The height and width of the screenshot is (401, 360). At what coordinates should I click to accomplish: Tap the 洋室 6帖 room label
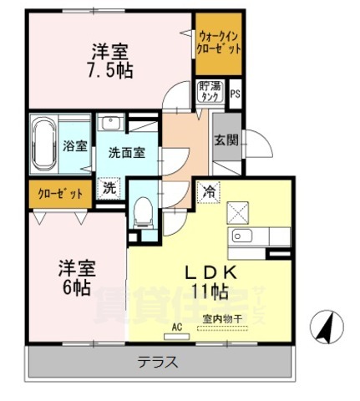tap(77, 277)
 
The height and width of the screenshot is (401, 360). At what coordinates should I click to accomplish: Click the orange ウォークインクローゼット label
tap(220, 42)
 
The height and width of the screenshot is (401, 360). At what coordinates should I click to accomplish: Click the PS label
tap(235, 94)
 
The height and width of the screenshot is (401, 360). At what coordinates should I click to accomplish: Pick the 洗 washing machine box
tap(109, 188)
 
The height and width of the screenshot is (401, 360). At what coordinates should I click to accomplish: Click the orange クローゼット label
tap(60, 194)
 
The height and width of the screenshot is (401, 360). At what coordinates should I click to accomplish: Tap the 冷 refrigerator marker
tap(206, 191)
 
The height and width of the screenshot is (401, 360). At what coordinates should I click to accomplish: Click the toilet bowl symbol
tap(143, 208)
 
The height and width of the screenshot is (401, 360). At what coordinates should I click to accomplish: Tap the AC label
tap(176, 327)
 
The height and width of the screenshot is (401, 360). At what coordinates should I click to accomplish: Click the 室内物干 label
tap(221, 318)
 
